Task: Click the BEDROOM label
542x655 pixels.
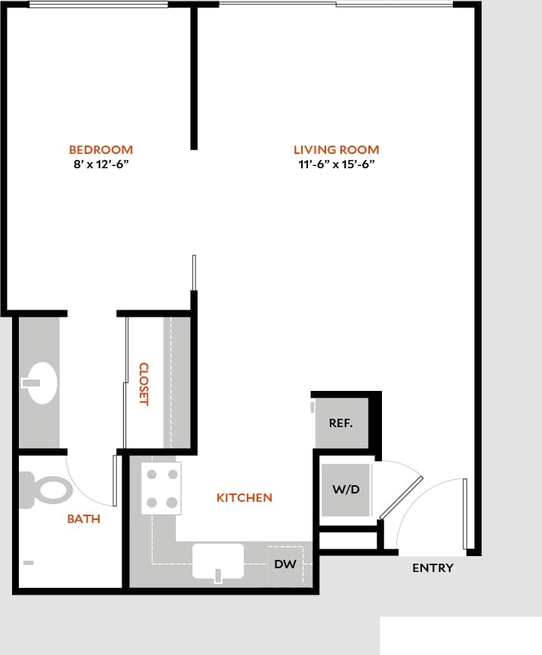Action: point(100,149)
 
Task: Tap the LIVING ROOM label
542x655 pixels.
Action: point(336,149)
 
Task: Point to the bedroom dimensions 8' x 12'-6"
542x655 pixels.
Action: point(100,164)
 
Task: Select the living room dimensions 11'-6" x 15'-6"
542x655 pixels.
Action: point(336,164)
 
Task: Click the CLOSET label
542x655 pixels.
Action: point(143,384)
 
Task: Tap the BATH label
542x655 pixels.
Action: point(84,519)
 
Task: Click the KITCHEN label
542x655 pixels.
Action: point(244,498)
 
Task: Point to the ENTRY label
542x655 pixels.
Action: point(433,568)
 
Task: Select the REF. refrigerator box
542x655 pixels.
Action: point(341,423)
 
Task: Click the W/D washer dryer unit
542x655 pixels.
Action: point(346,490)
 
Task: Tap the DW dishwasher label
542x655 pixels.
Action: point(285,563)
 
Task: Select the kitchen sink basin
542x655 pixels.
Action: point(217,561)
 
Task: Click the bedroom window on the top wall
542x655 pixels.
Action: point(98,5)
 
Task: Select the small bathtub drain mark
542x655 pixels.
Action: point(29,562)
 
